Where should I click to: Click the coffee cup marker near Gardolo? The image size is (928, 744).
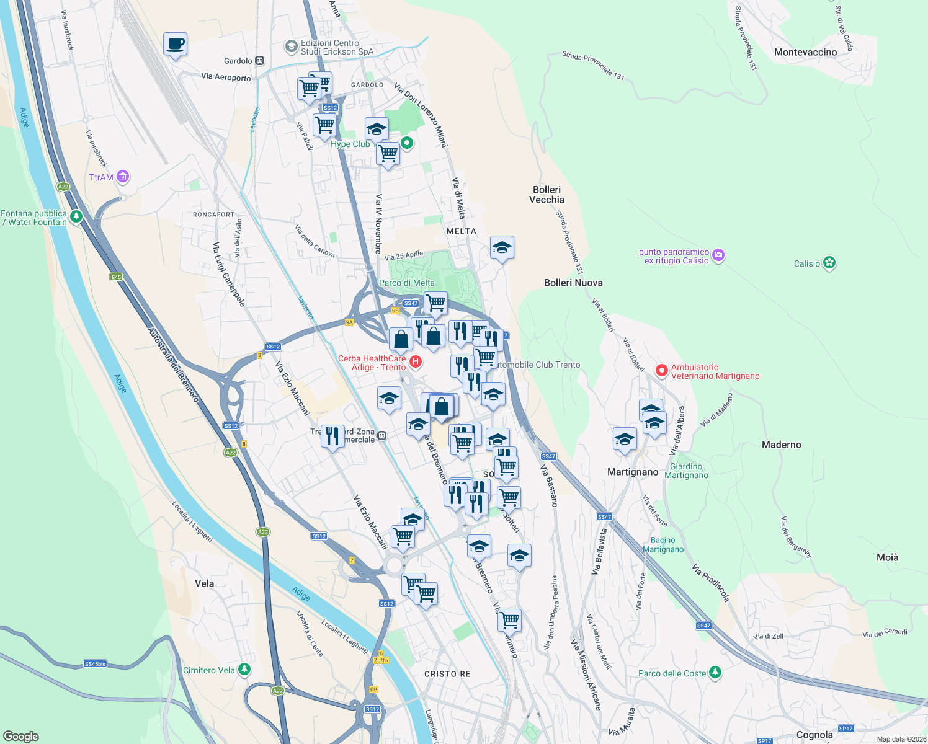point(175,45)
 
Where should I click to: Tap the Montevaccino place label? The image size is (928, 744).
point(805,52)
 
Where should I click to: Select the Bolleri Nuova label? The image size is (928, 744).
point(573,283)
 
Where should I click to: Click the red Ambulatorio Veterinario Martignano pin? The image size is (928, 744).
point(662,371)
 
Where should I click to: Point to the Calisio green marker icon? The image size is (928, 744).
point(829,263)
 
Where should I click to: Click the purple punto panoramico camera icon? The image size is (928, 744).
point(718,255)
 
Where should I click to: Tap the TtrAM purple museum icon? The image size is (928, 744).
point(123,177)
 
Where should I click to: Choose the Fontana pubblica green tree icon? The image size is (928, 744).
point(76,216)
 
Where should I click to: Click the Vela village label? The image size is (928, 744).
point(204,583)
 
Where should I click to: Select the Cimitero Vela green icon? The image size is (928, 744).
point(244,670)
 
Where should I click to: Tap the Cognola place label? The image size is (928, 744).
point(814,735)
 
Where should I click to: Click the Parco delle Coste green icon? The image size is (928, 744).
point(715,672)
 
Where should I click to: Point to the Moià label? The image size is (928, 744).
point(887,557)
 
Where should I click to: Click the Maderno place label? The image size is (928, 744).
point(781,445)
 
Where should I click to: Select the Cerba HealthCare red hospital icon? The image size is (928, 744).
point(416,361)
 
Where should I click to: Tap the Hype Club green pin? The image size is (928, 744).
point(407,143)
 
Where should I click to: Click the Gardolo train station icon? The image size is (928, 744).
point(259,61)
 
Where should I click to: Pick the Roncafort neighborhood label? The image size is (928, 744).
point(213,215)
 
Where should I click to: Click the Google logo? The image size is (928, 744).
point(21,736)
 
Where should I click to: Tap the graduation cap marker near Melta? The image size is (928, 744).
point(502,248)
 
